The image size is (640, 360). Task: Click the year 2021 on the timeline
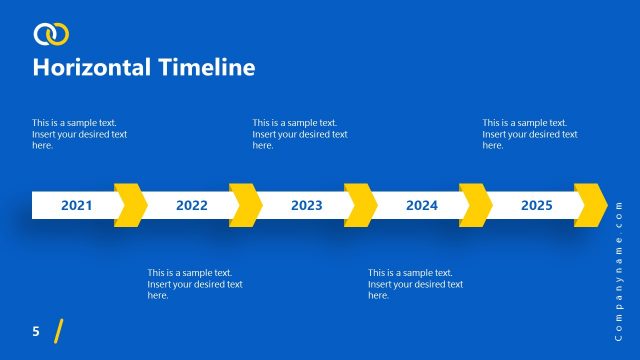coord(76,206)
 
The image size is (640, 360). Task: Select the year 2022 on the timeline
coord(191,206)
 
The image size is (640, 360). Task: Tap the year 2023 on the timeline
coord(306,206)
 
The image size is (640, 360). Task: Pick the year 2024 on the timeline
coord(421,206)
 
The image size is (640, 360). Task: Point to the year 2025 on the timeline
coord(536,206)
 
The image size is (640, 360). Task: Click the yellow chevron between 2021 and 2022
coord(131,205)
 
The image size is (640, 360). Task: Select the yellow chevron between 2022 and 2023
coord(246,205)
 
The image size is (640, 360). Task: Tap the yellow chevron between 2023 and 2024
coord(361,205)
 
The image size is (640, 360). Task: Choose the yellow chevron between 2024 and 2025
coord(476,205)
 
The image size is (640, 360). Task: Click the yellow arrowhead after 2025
coord(591,205)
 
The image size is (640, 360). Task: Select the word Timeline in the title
coord(206,68)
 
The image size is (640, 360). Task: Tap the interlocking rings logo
coord(51,35)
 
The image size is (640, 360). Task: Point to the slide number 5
coord(36,331)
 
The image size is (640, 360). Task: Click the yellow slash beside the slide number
coord(59,331)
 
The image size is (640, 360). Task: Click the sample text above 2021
coord(80,134)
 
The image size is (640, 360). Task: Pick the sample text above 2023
coord(300,134)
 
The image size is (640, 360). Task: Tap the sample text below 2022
coord(195,284)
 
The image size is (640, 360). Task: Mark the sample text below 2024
coord(415,284)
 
